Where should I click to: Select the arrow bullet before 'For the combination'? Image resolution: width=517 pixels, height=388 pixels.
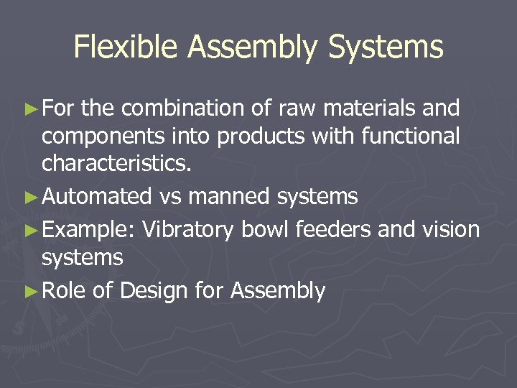click(x=30, y=108)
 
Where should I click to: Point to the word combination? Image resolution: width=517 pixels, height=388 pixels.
click(x=184, y=108)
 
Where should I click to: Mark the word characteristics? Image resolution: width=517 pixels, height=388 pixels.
click(x=117, y=163)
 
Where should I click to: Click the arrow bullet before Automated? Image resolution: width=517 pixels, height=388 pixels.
click(x=30, y=197)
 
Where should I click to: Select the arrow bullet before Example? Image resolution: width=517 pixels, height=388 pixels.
click(x=30, y=230)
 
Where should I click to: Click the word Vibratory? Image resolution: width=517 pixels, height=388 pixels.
click(x=188, y=230)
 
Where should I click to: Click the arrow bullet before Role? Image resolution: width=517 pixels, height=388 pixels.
click(x=30, y=291)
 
